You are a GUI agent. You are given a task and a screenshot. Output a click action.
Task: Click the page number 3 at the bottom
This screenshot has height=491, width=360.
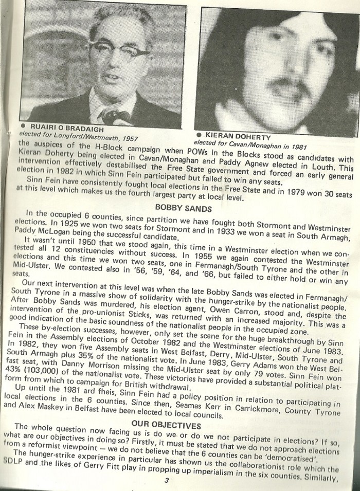click(x=167, y=480)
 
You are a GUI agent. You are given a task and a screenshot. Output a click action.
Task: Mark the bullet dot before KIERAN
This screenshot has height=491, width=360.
click(x=199, y=133)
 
